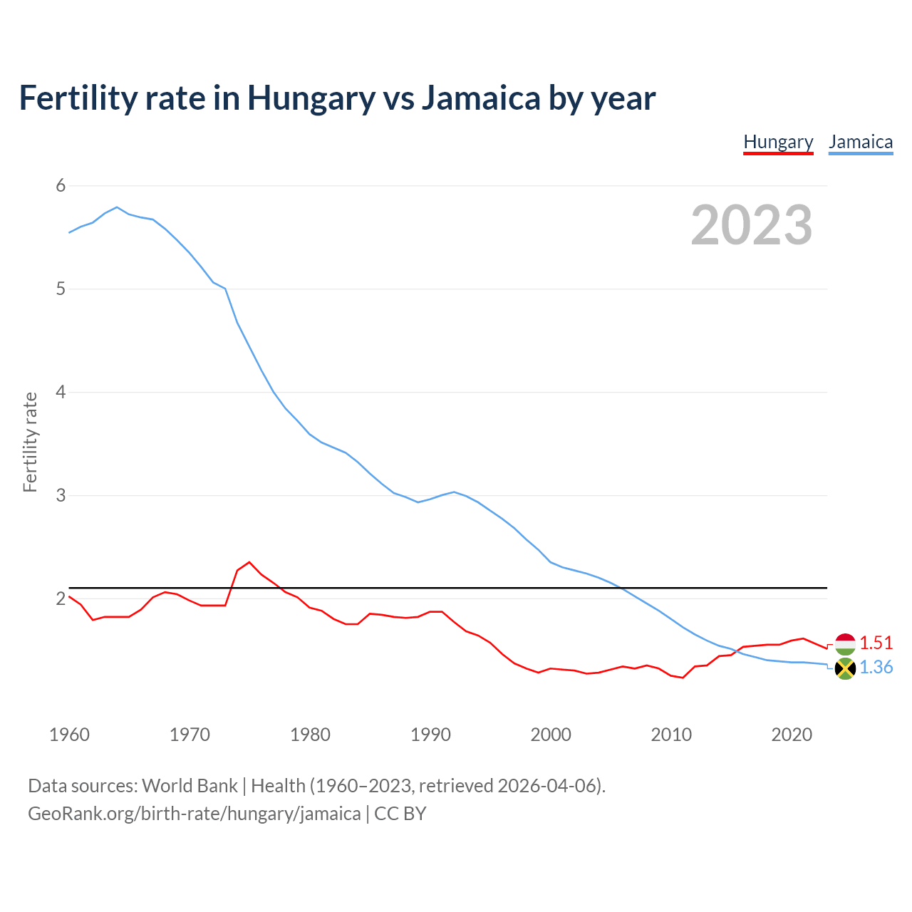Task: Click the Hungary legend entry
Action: click(778, 142)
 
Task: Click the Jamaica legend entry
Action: click(861, 142)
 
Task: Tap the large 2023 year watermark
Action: click(752, 225)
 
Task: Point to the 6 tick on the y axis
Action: click(61, 186)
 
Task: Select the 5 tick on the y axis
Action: click(61, 289)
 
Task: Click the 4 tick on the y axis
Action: click(61, 392)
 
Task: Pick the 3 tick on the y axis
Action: click(61, 495)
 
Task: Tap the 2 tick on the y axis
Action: click(61, 598)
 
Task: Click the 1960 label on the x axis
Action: click(69, 735)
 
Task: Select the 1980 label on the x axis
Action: click(310, 735)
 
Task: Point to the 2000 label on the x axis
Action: click(551, 735)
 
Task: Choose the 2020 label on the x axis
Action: click(792, 735)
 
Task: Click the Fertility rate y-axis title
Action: click(30, 442)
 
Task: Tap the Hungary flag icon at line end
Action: click(845, 643)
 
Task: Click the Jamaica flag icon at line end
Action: click(845, 668)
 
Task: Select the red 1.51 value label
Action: click(876, 643)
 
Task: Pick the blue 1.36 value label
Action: click(876, 668)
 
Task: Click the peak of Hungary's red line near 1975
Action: click(249, 562)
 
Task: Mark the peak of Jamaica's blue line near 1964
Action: click(117, 207)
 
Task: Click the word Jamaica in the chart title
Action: click(481, 98)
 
